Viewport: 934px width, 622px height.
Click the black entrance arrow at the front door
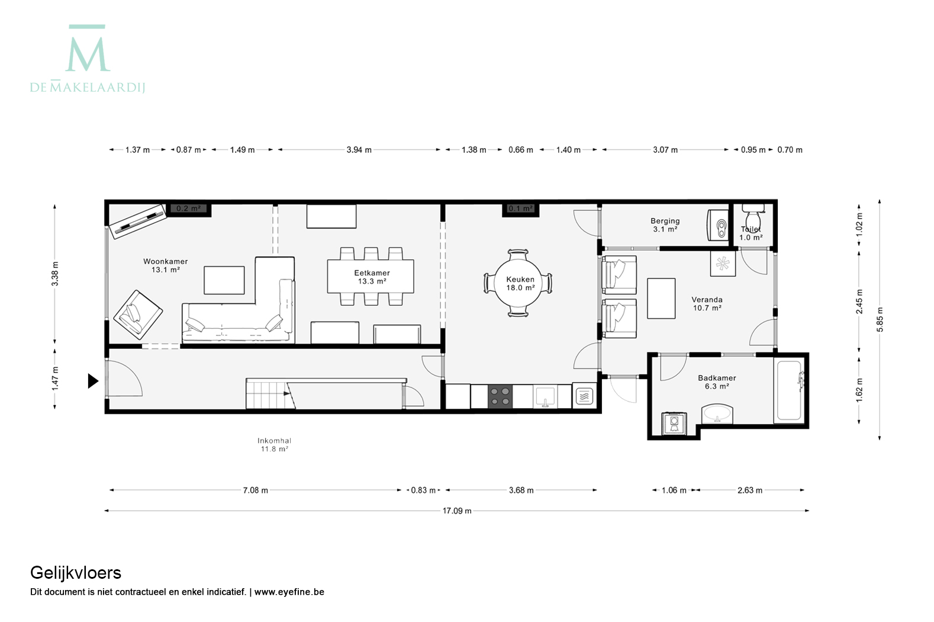coord(92,381)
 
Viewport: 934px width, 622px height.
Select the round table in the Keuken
coord(518,283)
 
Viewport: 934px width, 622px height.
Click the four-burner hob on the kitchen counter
coord(500,396)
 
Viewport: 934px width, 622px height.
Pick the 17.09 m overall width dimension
coord(457,511)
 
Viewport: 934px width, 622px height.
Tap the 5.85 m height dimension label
coord(880,320)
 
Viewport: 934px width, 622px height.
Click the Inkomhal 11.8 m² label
coord(274,445)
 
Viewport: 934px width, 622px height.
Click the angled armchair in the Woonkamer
coord(138,315)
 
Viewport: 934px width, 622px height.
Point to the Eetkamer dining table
coord(371,277)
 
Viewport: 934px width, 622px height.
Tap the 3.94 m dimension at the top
coord(359,150)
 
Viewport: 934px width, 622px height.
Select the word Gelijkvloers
coord(76,573)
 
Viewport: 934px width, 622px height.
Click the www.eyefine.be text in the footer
coord(289,592)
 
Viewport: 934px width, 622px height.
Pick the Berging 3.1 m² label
coord(665,225)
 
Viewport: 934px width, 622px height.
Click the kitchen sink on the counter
coord(545,396)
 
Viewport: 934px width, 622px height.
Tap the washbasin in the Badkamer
coord(717,413)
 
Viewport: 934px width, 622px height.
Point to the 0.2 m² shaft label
coord(188,209)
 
